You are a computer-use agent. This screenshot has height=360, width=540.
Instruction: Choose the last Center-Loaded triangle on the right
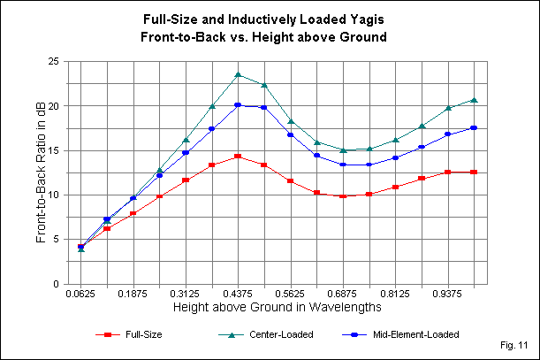(x=475, y=100)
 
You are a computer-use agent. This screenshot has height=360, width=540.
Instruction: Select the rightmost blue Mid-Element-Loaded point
(x=475, y=128)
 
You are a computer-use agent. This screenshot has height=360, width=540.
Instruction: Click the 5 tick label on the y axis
(x=56, y=239)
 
